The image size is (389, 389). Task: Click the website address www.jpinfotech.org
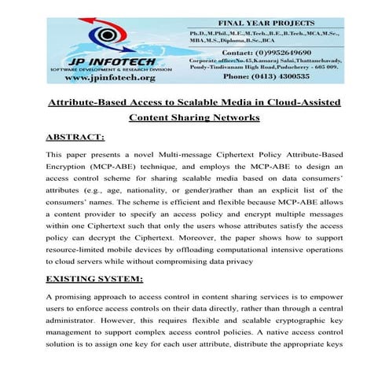pos(111,78)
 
